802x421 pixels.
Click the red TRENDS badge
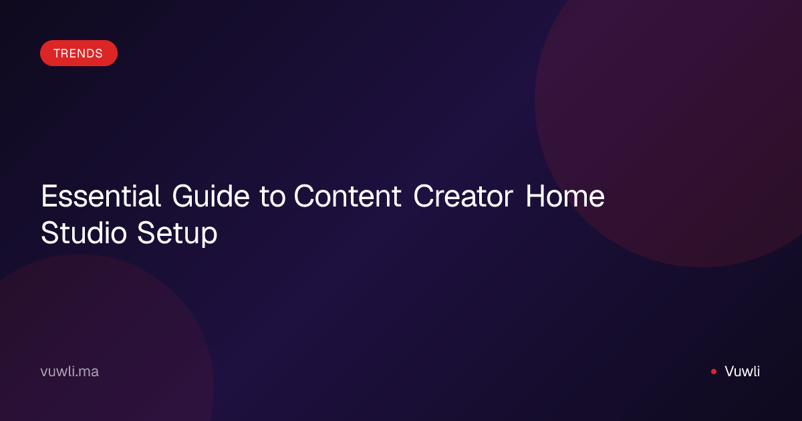click(79, 53)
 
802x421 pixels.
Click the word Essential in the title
click(101, 196)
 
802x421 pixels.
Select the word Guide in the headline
click(211, 196)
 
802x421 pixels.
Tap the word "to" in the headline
click(273, 197)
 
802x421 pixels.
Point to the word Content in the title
click(348, 196)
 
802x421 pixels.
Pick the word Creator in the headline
click(463, 196)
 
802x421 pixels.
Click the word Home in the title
click(565, 196)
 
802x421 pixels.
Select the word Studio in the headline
click(84, 233)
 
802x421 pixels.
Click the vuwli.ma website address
click(70, 372)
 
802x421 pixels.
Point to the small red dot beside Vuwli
click(714, 372)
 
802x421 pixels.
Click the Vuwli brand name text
click(743, 372)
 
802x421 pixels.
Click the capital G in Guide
click(183, 196)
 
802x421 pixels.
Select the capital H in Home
click(535, 196)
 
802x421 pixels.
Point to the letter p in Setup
click(209, 237)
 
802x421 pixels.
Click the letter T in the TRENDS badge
click(57, 53)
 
